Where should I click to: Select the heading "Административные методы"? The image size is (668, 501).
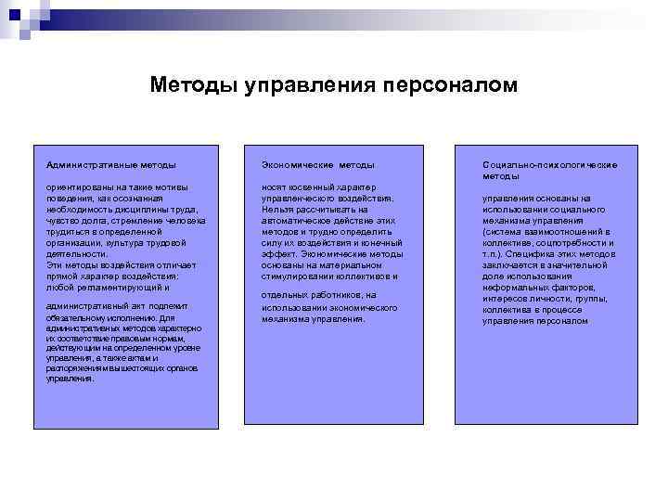pos(111,164)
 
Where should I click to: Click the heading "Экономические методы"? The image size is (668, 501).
pos(317,164)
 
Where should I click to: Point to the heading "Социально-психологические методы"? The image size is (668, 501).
pos(549,170)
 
